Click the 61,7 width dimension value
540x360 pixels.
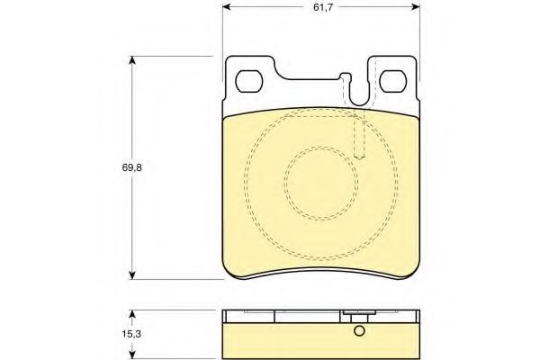coord(323,7)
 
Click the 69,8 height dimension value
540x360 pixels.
coord(132,167)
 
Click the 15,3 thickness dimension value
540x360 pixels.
coord(131,334)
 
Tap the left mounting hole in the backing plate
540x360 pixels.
coord(249,81)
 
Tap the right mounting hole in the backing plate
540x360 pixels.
coord(393,81)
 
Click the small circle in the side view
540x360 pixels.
coord(359,331)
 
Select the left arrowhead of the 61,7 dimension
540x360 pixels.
coord(227,7)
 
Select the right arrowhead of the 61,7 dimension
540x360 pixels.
coord(416,7)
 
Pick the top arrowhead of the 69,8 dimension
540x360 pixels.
coord(131,61)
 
